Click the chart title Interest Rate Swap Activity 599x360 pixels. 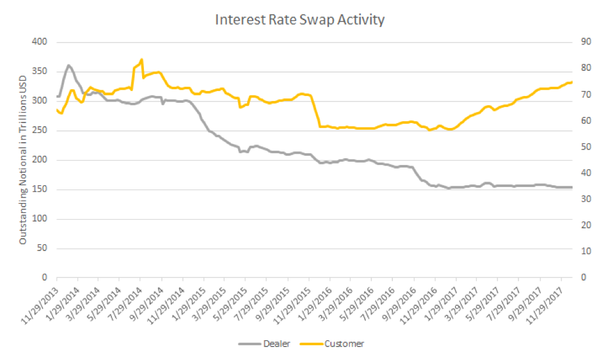click(299, 20)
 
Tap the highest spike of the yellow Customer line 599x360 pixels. click(142, 60)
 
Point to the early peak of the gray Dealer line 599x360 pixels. click(69, 65)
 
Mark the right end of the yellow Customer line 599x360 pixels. click(572, 82)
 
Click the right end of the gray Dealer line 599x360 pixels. click(572, 187)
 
